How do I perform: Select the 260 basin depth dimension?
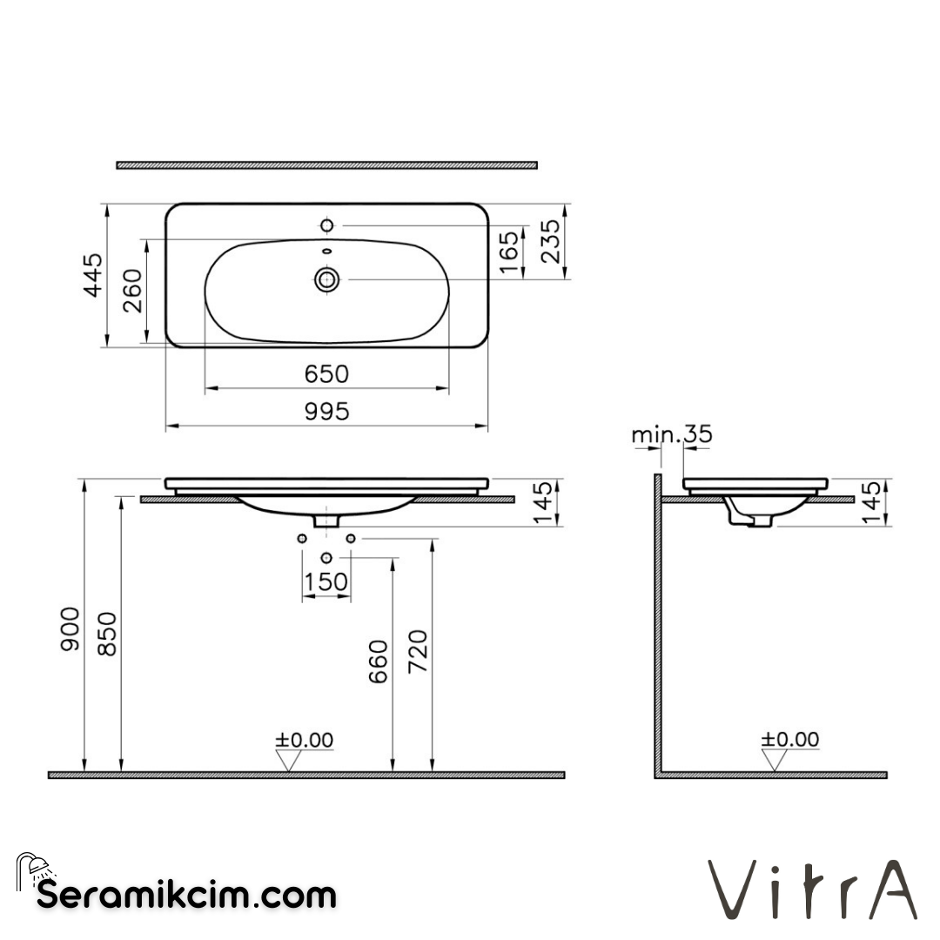pos(132,292)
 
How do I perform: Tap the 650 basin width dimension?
pos(326,373)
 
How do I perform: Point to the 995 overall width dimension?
pos(326,411)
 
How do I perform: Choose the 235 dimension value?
pos(551,240)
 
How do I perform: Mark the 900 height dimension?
pos(70,628)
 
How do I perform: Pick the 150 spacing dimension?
pos(326,581)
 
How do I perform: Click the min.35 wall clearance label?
pos(672,434)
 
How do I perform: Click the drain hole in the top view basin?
pos(327,279)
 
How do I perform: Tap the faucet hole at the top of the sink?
pos(327,226)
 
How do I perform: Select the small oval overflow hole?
pos(327,252)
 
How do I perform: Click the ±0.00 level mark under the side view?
pos(790,740)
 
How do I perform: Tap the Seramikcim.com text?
pos(186,894)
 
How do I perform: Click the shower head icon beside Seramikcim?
pos(35,869)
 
